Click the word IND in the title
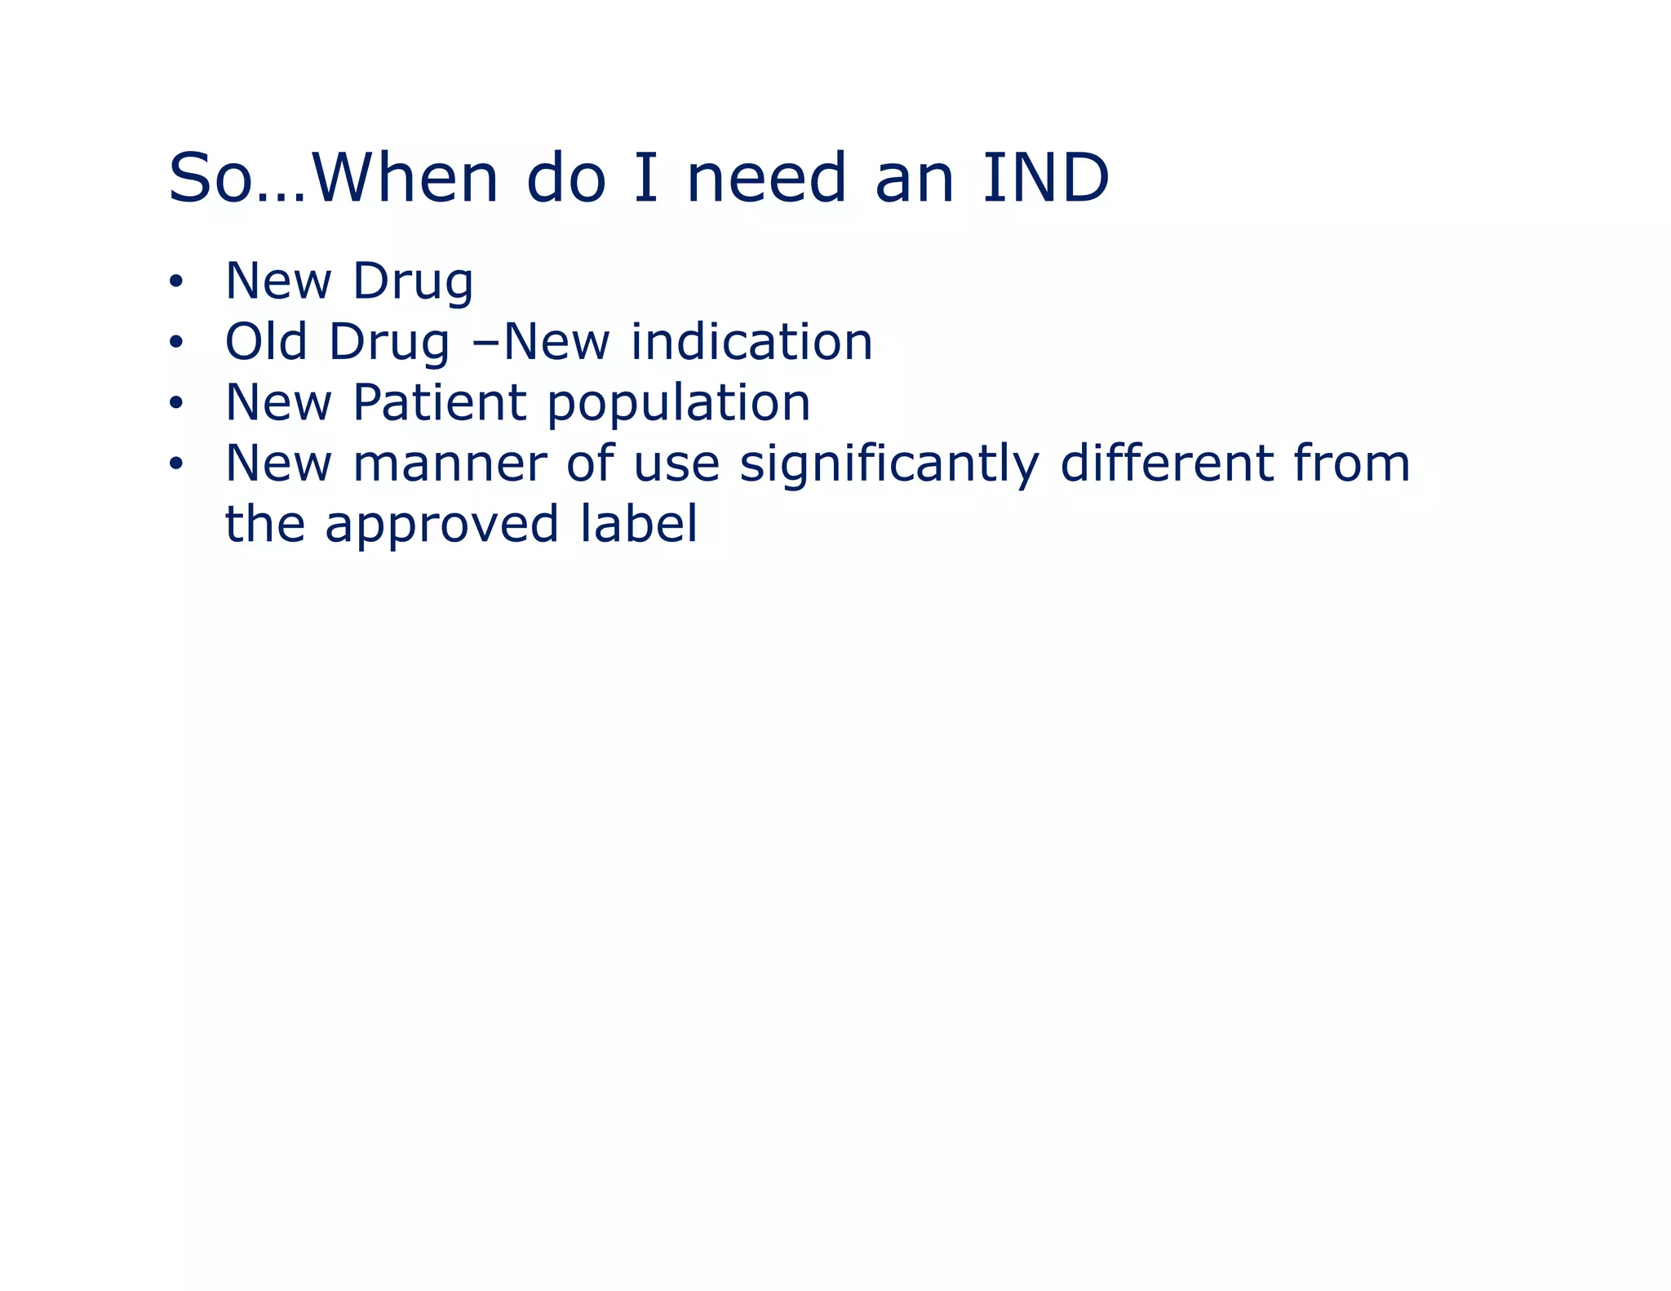point(1045,178)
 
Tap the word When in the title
point(405,178)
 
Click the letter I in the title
point(645,178)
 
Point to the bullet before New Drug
point(175,282)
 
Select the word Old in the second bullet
point(266,341)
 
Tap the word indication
point(751,341)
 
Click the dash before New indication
point(486,343)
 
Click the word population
point(678,404)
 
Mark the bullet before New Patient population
point(175,403)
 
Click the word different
point(1166,463)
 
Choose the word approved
point(441,526)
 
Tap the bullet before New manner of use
point(175,464)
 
